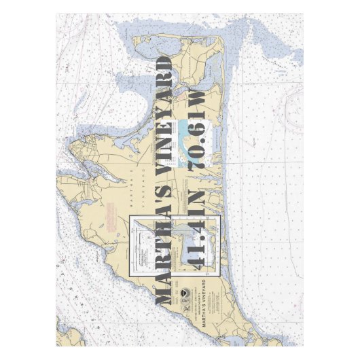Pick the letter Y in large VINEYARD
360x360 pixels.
164,115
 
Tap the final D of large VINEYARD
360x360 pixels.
164,66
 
